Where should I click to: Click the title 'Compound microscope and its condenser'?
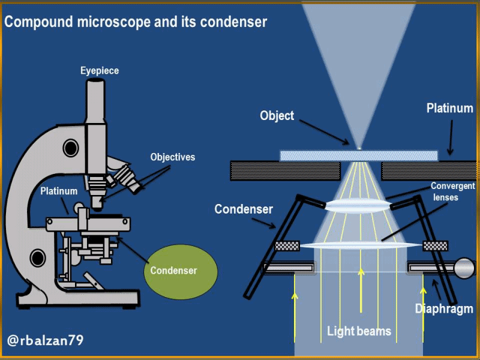pyautogui.click(x=136, y=23)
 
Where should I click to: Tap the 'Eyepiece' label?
pyautogui.click(x=100, y=71)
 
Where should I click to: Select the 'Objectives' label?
pyautogui.click(x=173, y=157)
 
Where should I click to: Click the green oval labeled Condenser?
pyautogui.click(x=173, y=271)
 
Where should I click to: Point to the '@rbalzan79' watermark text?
pyautogui.click(x=46, y=341)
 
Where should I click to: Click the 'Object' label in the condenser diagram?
pyautogui.click(x=277, y=115)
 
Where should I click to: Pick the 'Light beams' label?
pyautogui.click(x=359, y=331)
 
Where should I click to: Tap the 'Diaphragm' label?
pyautogui.click(x=444, y=309)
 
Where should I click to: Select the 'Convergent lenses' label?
pyautogui.click(x=453, y=191)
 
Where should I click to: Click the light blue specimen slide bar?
pyautogui.click(x=359, y=156)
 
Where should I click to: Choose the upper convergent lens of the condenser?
pyautogui.click(x=358, y=206)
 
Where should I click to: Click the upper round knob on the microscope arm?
pyautogui.click(x=70, y=147)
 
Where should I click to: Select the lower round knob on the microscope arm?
pyautogui.click(x=37, y=258)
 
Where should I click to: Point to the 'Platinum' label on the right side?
pyautogui.click(x=449, y=109)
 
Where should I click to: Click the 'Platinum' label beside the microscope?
pyautogui.click(x=59, y=191)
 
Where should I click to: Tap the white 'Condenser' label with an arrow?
pyautogui.click(x=244, y=209)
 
